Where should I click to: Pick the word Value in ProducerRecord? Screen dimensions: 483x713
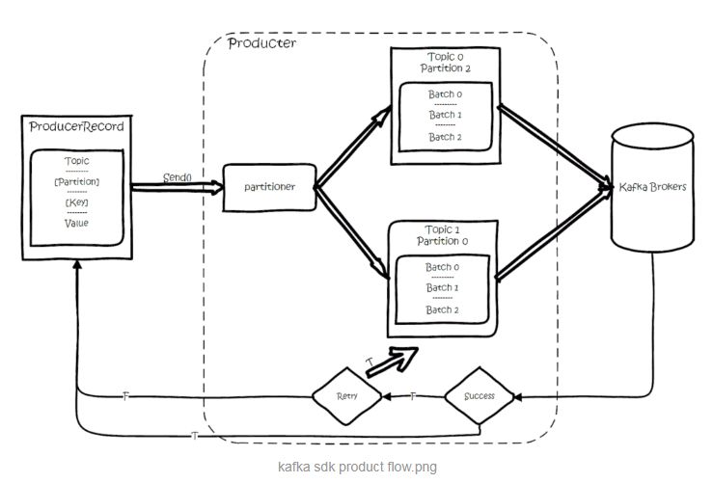(75, 223)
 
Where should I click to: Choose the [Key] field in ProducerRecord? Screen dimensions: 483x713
(75, 202)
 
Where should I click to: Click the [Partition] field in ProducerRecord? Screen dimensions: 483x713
(76, 182)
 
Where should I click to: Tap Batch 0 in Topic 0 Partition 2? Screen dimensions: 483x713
(446, 94)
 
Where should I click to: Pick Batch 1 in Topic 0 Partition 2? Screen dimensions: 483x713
(446, 116)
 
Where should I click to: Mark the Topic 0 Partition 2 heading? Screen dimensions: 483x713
(444, 63)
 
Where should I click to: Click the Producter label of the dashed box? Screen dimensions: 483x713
(261, 44)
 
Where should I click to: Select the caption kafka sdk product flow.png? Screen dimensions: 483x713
(355, 467)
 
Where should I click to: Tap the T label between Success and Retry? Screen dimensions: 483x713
(414, 396)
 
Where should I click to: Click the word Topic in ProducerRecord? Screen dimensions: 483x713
(75, 162)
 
